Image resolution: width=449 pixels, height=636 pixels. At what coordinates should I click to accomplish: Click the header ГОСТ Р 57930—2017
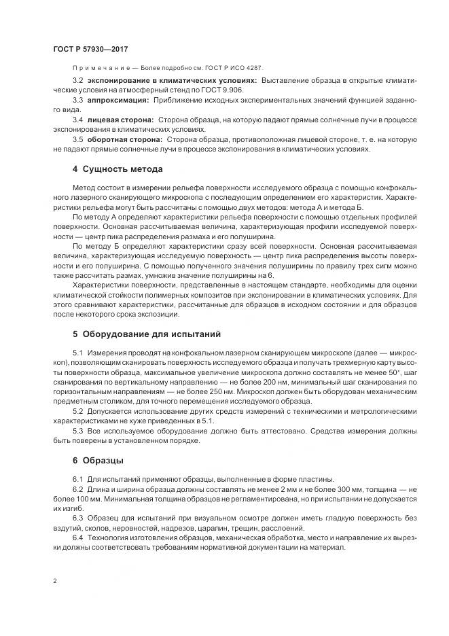pos(90,50)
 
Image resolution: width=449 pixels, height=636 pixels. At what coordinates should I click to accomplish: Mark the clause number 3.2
pos(77,80)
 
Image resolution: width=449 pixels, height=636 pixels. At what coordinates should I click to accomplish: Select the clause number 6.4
pos(77,538)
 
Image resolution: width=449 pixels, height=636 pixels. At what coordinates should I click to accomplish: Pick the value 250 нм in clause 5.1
pos(209,393)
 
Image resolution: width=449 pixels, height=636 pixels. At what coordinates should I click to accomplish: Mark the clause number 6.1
pos(77,480)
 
